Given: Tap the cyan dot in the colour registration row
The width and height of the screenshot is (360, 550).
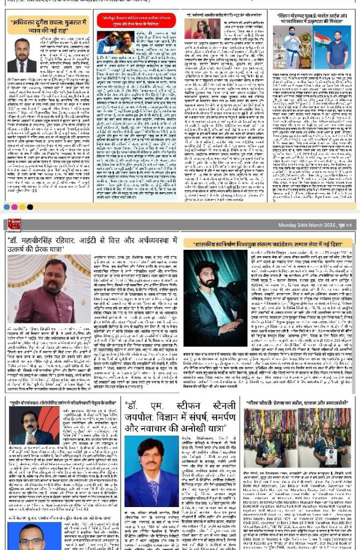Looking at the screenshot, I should [x=6, y=207].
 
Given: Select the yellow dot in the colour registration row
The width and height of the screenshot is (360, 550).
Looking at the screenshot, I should [x=22, y=207].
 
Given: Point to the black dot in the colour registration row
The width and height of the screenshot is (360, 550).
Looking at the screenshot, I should [x=30, y=207].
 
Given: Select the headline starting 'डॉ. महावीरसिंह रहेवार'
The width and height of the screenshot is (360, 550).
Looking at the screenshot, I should [x=91, y=241].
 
